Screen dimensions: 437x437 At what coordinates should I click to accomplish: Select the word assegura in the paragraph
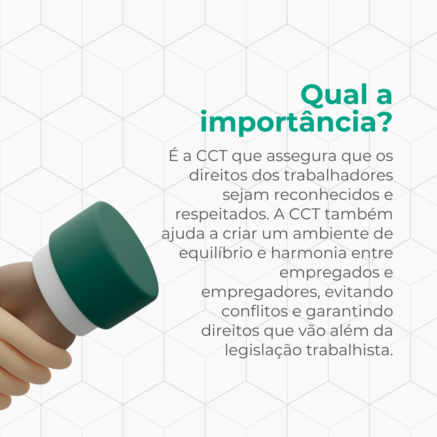301,157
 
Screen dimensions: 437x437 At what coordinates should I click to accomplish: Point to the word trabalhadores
339,176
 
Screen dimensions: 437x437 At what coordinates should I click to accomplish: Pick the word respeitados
223,215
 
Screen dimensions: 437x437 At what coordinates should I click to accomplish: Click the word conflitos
255,311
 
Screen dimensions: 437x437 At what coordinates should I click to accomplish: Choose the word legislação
263,350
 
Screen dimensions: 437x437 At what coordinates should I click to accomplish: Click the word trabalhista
350,350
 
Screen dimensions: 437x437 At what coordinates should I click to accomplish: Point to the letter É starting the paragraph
173,155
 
